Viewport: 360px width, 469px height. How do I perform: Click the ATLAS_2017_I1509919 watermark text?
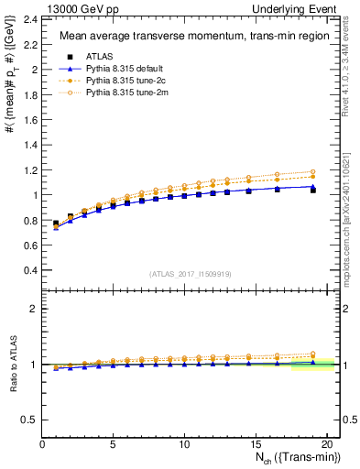pos(190,274)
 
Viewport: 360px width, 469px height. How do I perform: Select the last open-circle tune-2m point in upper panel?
pos(312,171)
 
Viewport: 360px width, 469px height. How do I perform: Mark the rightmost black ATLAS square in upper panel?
pos(312,190)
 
